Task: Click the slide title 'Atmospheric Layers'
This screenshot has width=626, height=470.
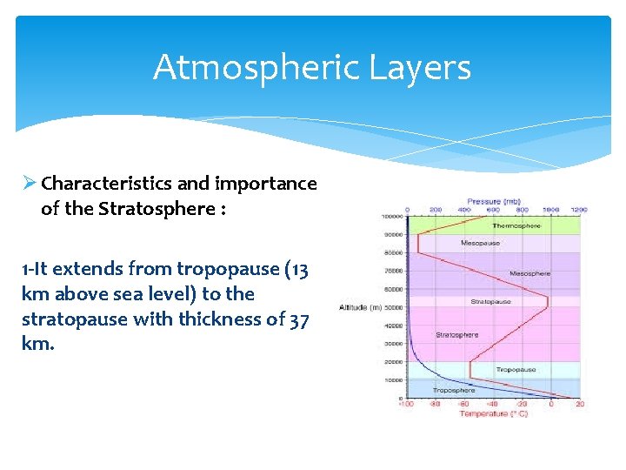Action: coord(312,68)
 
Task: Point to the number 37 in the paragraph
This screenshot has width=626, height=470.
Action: coord(297,319)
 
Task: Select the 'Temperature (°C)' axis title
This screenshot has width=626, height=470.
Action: coord(493,413)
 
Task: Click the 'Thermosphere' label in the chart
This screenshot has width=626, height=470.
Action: coord(516,225)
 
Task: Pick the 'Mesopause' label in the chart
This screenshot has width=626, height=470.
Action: coord(481,243)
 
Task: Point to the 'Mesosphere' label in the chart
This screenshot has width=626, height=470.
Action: coord(529,273)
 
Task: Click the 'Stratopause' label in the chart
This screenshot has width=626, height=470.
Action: coord(486,302)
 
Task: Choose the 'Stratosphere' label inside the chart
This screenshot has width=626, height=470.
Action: coord(456,334)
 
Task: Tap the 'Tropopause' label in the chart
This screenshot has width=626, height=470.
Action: coord(516,370)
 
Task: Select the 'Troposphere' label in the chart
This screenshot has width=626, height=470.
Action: coord(454,391)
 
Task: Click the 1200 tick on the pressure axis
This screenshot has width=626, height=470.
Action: coord(579,210)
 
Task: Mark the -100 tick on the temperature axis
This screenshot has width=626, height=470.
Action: coord(406,404)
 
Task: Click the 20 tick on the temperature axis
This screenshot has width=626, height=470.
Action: coord(579,404)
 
